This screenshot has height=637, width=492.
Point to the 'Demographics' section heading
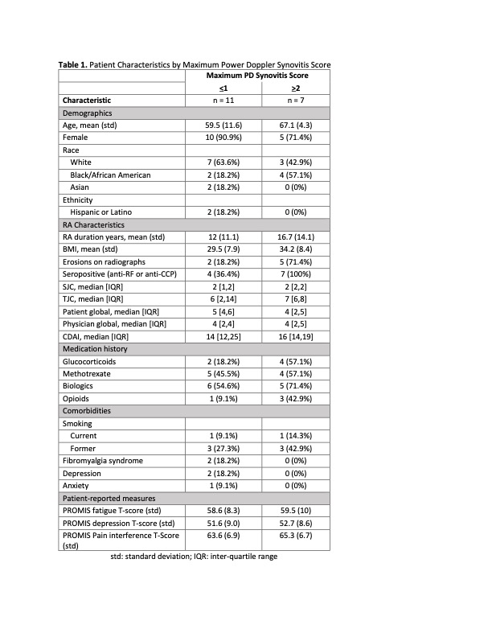coord(88,113)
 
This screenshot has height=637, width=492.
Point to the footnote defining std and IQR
coord(194,556)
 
